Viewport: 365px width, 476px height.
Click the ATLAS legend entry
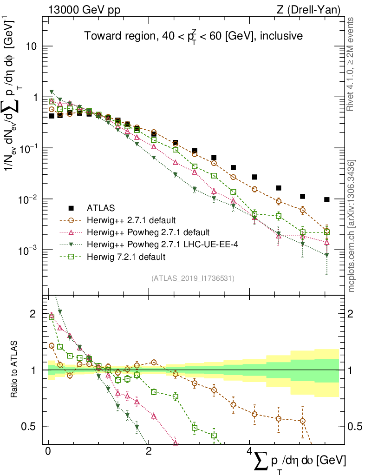[101, 208]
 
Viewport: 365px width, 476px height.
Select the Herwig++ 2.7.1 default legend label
[131, 220]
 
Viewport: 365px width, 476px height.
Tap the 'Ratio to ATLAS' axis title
[13, 370]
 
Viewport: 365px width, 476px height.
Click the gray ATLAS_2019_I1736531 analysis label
[193, 278]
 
